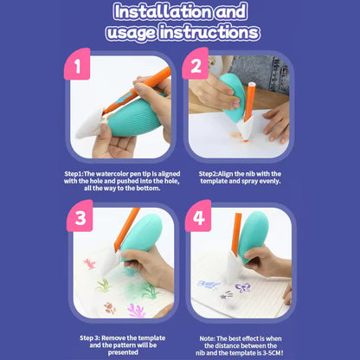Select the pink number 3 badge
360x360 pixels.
click(80, 217)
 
